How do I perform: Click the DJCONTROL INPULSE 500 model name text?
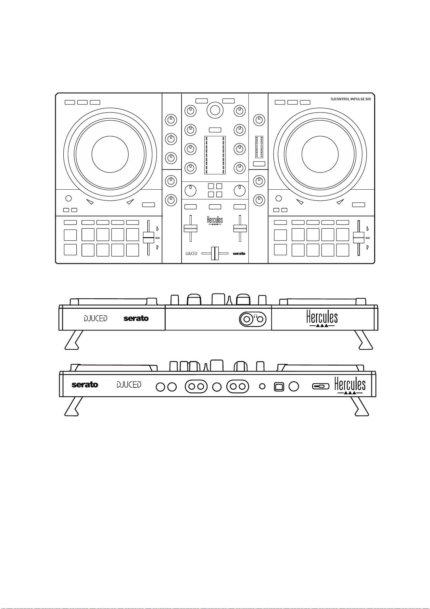pos(349,99)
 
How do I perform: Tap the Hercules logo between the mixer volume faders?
pos(215,221)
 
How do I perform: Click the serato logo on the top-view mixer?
pos(239,253)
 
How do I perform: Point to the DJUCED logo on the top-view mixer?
pos(191,253)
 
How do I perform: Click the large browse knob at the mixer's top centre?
pos(215,110)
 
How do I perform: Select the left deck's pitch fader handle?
pos(148,238)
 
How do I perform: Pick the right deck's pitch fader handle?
pos(358,238)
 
